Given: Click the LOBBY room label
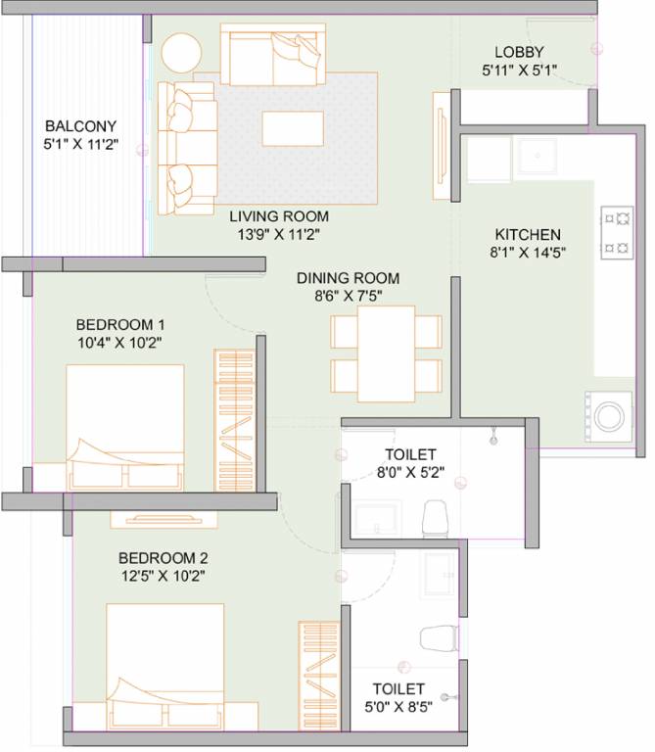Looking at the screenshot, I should (x=519, y=52).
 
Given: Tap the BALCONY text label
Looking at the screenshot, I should (x=81, y=126).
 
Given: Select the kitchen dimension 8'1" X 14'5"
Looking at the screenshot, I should (x=528, y=252).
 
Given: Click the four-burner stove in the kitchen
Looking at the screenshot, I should (x=617, y=231).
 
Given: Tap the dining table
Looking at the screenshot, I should (x=386, y=353).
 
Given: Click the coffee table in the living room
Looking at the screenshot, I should (x=292, y=128).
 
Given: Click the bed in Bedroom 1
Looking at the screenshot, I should (x=124, y=428).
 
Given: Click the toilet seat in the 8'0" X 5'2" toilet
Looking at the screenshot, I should (x=435, y=517).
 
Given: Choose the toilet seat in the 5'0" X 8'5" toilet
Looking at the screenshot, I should (x=437, y=637).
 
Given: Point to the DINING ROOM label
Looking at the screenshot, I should (x=349, y=278).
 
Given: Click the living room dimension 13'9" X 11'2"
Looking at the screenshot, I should (x=279, y=233).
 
